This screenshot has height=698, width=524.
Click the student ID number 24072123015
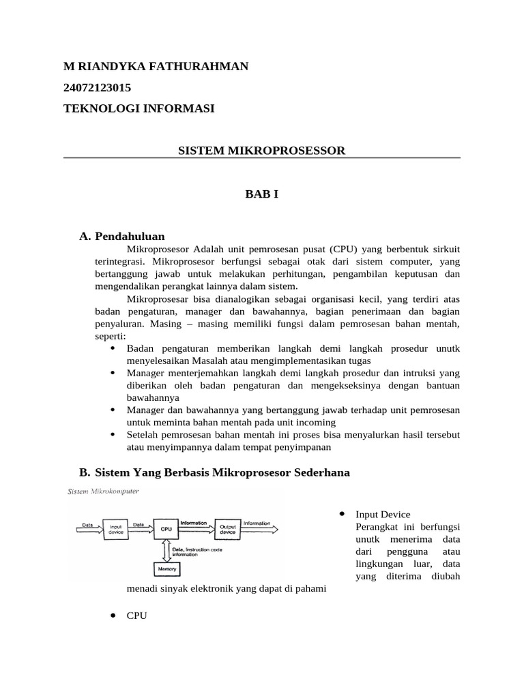pyautogui.click(x=97, y=87)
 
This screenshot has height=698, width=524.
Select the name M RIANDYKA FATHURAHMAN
pyautogui.click(x=156, y=66)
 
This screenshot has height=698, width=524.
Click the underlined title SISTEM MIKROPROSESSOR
pyautogui.click(x=261, y=151)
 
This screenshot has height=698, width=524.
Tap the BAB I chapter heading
pyautogui.click(x=261, y=194)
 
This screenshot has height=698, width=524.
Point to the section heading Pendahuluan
pyautogui.click(x=130, y=237)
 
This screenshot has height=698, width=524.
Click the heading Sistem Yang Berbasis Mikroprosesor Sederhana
pyautogui.click(x=222, y=472)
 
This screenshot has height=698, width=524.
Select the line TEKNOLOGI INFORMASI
pyautogui.click(x=139, y=108)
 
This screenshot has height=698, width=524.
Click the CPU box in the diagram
pyautogui.click(x=166, y=528)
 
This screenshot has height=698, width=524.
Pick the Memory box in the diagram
pyautogui.click(x=166, y=568)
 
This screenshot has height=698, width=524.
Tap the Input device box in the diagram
pyautogui.click(x=114, y=528)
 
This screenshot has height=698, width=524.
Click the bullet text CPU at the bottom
pyautogui.click(x=137, y=616)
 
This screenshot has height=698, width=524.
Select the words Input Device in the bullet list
pyautogui.click(x=383, y=515)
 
